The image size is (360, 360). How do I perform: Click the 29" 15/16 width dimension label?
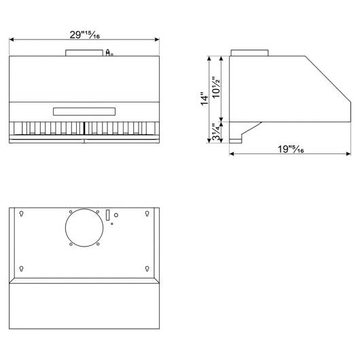click(85, 35)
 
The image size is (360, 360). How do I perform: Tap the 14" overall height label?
click(204, 98)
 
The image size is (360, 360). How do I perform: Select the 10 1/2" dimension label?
click(216, 87)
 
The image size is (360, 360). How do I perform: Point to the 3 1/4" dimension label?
click(216, 132)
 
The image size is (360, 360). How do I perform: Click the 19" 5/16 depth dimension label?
click(291, 149)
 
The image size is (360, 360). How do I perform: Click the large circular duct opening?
click(84, 209)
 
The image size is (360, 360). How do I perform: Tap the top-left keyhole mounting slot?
click(21, 213)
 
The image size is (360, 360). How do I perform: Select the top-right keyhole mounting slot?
click(147, 213)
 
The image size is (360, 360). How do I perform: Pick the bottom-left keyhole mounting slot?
click(21, 268)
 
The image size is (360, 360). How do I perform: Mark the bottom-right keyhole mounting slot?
click(147, 268)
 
